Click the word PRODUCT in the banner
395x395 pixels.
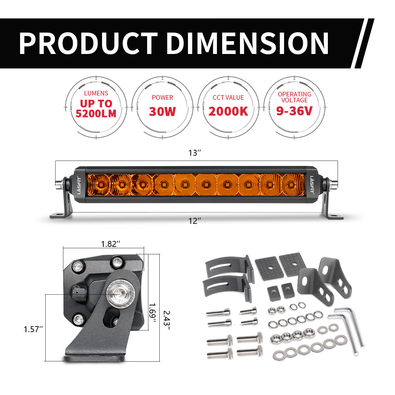pos(88,43)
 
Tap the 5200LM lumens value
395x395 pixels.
pos(96,114)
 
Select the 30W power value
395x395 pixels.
pos(162,112)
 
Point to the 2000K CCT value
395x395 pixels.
pos(228,112)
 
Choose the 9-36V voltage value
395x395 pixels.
pos(294,111)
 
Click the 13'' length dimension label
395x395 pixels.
pos(195,153)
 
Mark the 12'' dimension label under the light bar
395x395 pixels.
pos(195,221)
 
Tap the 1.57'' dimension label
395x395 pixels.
pos(33,329)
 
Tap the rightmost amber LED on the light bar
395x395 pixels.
pos(290,184)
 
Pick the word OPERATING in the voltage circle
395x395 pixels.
pos(294,94)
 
